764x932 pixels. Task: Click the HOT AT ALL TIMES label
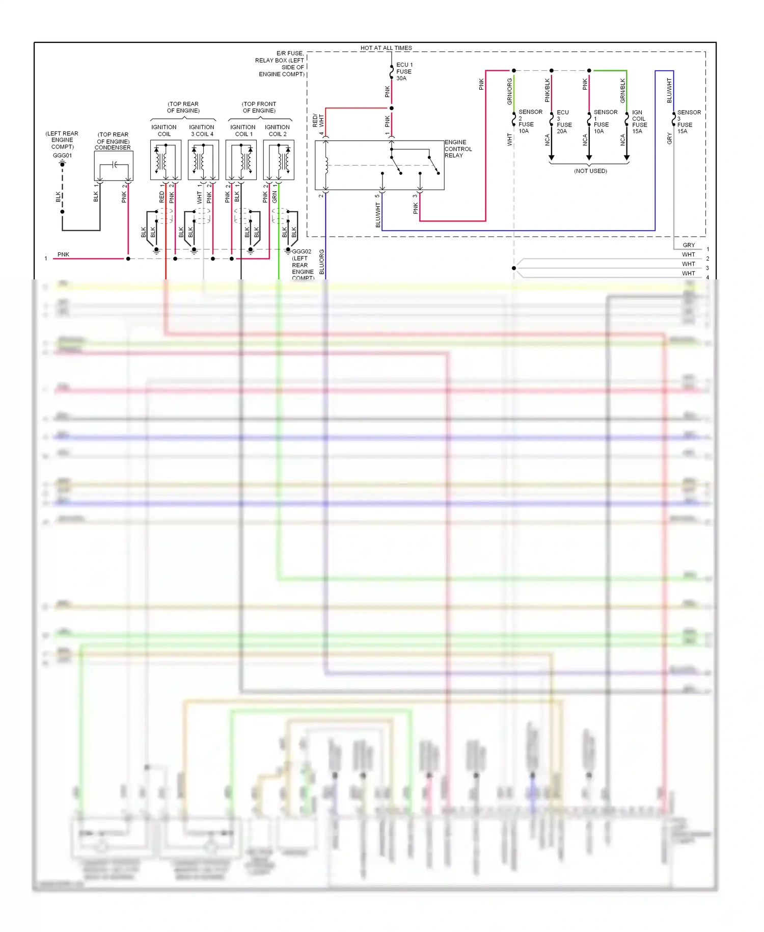pyautogui.click(x=386, y=48)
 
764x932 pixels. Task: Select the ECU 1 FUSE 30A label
pyautogui.click(x=404, y=71)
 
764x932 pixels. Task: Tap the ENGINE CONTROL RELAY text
pyautogui.click(x=458, y=149)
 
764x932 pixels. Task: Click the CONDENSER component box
pyautogui.click(x=114, y=165)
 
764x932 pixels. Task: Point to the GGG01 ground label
pyautogui.click(x=63, y=156)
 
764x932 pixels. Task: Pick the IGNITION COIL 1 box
pyautogui.click(x=241, y=160)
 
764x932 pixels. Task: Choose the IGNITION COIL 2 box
pyautogui.click(x=279, y=160)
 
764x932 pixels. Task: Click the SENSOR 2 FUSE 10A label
pyautogui.click(x=530, y=121)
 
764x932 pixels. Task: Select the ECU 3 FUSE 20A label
pyautogui.click(x=564, y=122)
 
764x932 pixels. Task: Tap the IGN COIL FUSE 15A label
pyautogui.click(x=639, y=122)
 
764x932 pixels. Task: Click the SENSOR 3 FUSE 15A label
pyautogui.click(x=689, y=122)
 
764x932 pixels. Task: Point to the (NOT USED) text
pyautogui.click(x=590, y=171)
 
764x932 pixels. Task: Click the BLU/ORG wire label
pyautogui.click(x=321, y=262)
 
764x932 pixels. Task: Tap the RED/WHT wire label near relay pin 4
pyautogui.click(x=318, y=121)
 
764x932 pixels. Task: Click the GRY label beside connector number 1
pyautogui.click(x=689, y=245)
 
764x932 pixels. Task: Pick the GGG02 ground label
pyautogui.click(x=302, y=251)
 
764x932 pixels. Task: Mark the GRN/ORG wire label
pyautogui.click(x=509, y=92)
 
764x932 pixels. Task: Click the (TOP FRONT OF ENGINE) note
pyautogui.click(x=259, y=107)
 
